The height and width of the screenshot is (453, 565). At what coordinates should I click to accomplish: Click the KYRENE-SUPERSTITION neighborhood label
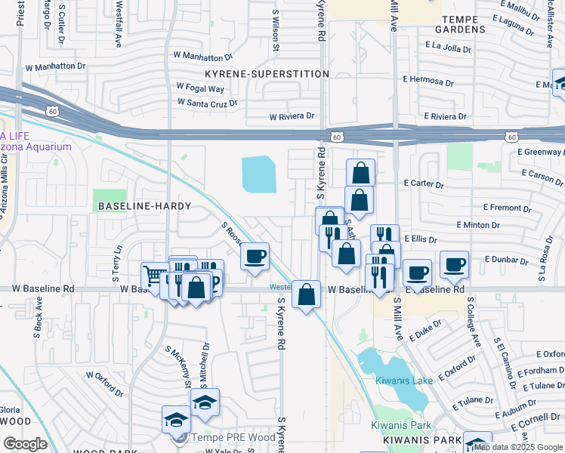coord(267,74)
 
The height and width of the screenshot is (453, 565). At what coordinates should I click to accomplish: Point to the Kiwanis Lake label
coord(404,380)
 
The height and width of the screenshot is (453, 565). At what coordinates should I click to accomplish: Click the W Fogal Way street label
coord(201,87)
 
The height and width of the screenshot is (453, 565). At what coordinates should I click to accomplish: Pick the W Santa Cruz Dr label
coord(207,102)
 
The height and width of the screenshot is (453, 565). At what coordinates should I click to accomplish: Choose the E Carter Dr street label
coord(428,183)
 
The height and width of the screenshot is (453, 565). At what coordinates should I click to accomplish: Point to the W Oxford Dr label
coord(105,383)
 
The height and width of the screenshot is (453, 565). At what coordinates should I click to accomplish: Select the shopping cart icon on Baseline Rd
coord(155,276)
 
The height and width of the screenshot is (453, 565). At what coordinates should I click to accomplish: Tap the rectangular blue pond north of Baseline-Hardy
coord(259,174)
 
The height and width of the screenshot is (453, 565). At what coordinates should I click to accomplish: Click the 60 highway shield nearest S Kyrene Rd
coord(335,137)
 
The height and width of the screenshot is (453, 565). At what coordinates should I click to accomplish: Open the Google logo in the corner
coord(25,444)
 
